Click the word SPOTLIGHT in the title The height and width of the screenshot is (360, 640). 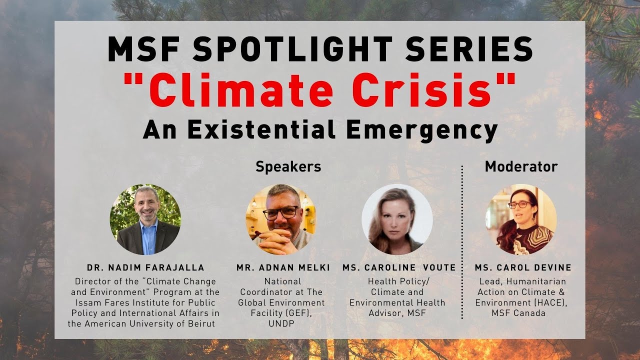tap(291, 49)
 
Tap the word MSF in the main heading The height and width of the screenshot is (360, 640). tap(143, 49)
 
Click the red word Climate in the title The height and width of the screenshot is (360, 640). tap(241, 90)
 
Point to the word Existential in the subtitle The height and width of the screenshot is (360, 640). tap(261, 129)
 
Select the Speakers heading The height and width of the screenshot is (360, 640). tap(288, 167)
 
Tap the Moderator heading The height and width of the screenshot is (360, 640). tap(521, 166)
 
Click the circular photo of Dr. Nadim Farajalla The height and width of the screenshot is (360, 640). tap(145, 219)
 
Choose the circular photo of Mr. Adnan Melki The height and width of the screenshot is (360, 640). tap(281, 219)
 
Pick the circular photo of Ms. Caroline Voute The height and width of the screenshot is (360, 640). tap(397, 219)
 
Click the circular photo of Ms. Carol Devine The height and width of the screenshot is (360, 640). tap(521, 219)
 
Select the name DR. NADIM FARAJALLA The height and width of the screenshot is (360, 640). tap(145, 267)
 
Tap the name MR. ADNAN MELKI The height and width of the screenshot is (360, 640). tap(283, 267)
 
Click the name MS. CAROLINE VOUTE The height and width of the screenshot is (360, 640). tap(399, 267)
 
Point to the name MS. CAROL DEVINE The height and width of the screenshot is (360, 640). tap(523, 267)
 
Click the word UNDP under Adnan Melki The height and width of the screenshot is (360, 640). tap(281, 323)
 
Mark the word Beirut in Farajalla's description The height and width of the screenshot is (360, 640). tap(201, 323)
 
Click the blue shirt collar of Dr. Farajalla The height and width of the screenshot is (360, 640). tap(149, 223)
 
